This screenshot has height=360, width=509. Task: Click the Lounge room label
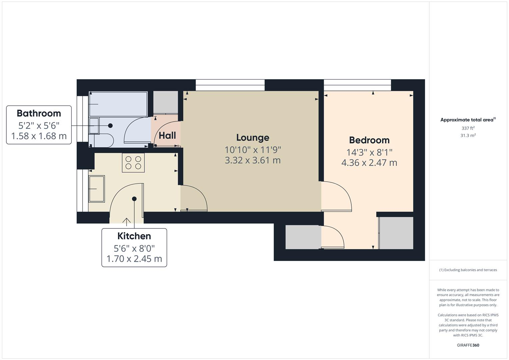tap(253, 138)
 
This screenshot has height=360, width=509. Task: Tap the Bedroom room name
tap(369, 140)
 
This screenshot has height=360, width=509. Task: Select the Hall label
tap(167, 136)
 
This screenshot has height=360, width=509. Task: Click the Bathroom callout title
tap(39, 113)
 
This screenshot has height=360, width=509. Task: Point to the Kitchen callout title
tap(134, 236)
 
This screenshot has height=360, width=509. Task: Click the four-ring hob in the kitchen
tap(133, 163)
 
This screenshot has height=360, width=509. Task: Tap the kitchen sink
tap(96, 189)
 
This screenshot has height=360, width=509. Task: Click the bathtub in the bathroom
tap(118, 104)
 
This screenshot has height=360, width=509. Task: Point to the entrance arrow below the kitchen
tap(126, 221)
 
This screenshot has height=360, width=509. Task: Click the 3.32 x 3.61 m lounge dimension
tap(253, 160)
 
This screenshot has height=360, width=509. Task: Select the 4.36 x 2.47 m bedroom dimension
tap(369, 163)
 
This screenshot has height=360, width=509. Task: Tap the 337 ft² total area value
tap(468, 128)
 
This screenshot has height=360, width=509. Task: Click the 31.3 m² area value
tap(468, 135)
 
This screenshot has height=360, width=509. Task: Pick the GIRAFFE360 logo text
tap(468, 345)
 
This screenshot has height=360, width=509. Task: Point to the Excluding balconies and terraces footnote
tap(468, 270)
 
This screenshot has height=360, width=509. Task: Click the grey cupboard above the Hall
tap(165, 102)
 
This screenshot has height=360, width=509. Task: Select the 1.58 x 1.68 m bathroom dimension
tap(39, 136)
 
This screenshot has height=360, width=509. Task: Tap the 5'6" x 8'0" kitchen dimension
tap(134, 249)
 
